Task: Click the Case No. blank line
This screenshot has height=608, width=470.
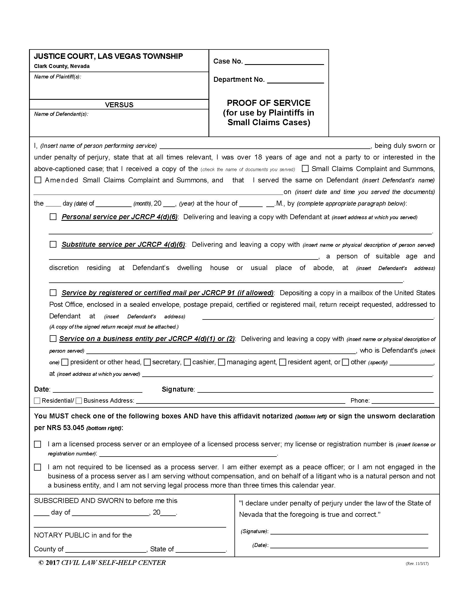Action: [284, 62]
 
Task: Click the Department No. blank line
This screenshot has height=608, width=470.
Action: [295, 80]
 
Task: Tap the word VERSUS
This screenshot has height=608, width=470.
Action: [119, 105]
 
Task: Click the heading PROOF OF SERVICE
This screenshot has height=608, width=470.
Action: [268, 103]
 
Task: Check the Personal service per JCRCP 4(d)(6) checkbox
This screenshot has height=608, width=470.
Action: [53, 217]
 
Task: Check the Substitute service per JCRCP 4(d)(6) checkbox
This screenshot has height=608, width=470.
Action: [53, 244]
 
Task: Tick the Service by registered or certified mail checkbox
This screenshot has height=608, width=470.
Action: [53, 293]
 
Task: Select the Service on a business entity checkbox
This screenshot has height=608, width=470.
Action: [53, 339]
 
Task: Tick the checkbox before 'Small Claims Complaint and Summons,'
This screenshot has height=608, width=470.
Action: [305, 168]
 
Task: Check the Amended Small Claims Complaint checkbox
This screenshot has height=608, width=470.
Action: [38, 180]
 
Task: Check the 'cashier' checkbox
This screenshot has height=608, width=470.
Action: [187, 362]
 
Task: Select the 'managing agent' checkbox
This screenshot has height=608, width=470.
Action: [222, 362]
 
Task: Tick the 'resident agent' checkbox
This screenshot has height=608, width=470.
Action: [283, 362]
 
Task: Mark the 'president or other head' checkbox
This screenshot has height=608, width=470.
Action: [65, 362]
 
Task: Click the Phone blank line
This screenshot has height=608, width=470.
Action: [403, 401]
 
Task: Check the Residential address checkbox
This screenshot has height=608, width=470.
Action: [37, 401]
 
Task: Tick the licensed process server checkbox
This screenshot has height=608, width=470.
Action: [38, 444]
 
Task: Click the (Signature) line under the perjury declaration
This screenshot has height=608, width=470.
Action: [349, 532]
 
